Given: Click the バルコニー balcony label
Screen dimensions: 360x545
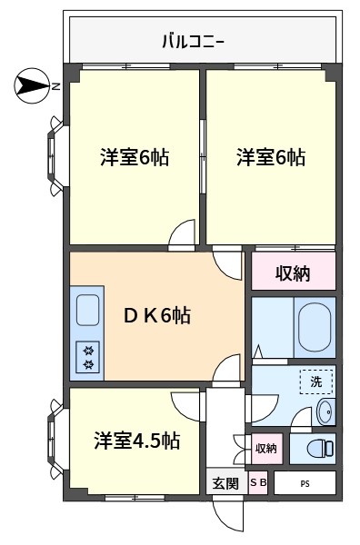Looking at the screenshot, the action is (194, 42).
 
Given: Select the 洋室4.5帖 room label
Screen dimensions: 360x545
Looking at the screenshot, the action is (137, 441).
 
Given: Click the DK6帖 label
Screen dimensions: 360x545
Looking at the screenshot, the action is (157, 315).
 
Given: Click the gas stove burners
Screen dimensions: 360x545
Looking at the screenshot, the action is (88, 357).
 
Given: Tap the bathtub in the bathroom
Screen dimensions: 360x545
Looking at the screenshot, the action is (315, 327).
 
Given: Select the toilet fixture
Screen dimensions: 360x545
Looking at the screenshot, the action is (320, 449).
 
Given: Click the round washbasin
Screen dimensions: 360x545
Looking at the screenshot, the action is (325, 411).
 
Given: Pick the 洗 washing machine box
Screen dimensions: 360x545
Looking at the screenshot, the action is (316, 382).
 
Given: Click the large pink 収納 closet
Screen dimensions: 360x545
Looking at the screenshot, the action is (294, 271).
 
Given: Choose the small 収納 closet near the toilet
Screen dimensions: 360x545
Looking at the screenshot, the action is (266, 449).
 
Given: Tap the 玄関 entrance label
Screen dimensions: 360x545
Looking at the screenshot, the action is (225, 483).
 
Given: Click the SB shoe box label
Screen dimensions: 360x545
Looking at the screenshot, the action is (258, 482).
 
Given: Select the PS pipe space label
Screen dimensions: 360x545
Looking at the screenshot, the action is (305, 483).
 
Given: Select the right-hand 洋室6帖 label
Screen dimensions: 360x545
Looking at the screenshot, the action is (271, 157).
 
